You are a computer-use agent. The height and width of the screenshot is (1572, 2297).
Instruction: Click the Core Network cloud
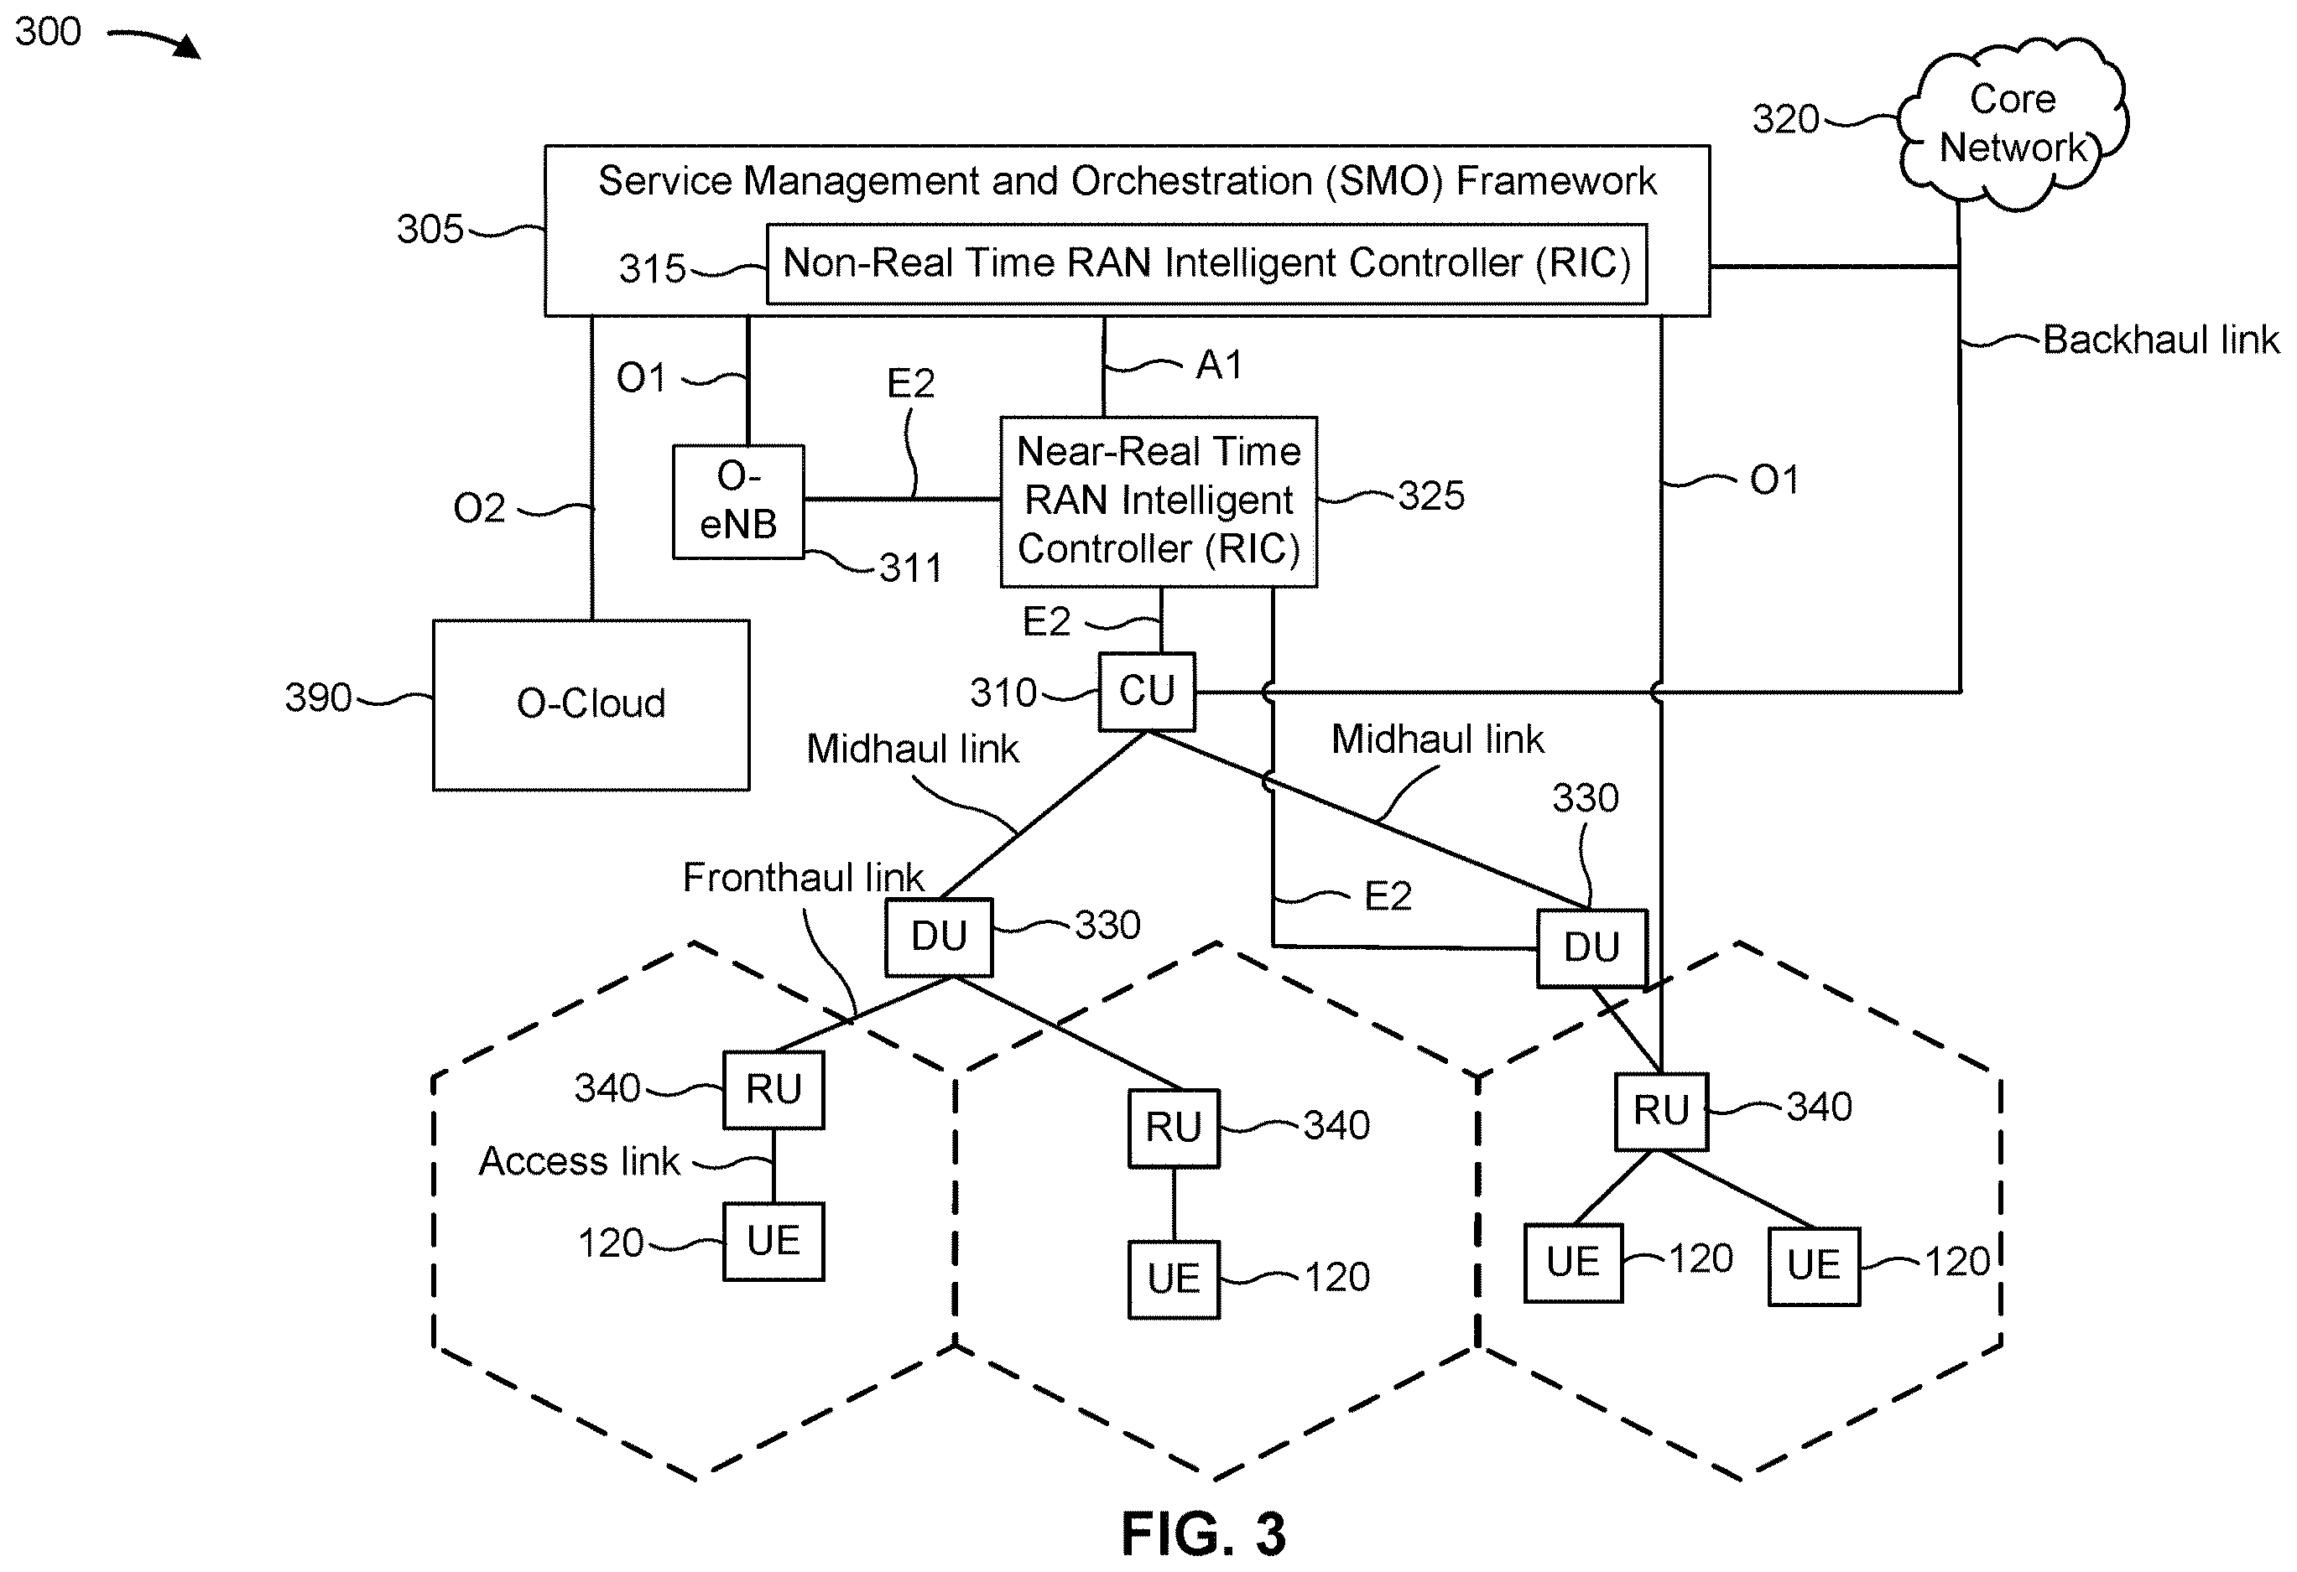tap(2013, 123)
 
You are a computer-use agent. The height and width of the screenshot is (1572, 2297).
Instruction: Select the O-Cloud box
tap(591, 704)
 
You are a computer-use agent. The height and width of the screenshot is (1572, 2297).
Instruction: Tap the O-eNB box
tap(738, 502)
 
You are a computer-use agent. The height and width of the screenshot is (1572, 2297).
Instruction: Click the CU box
tap(1147, 692)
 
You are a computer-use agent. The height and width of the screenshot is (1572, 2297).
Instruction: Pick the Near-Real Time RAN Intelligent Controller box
tap(1159, 502)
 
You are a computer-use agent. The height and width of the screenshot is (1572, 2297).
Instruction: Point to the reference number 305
tap(430, 229)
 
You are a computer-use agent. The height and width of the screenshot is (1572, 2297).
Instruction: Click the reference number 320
tap(1786, 120)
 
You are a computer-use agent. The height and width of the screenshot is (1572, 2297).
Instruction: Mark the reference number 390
tap(318, 698)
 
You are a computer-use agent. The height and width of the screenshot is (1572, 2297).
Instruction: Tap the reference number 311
tap(910, 568)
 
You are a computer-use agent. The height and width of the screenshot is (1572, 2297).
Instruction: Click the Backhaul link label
tap(2160, 340)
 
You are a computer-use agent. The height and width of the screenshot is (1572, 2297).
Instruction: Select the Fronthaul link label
tap(803, 878)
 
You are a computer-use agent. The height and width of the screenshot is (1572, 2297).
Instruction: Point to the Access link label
tap(579, 1161)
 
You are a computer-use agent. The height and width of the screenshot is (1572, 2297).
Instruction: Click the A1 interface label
tap(1219, 366)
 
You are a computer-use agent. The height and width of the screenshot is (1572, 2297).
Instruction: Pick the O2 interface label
tap(479, 509)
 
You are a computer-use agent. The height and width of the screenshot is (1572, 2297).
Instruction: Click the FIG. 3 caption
tap(1203, 1533)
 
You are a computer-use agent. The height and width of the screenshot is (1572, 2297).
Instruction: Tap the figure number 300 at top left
tap(48, 32)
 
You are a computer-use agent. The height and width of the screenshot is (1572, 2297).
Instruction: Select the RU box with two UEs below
tap(1661, 1112)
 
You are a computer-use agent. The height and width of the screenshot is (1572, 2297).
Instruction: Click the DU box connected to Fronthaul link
tap(939, 936)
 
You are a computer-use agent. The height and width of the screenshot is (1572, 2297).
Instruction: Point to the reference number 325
tap(1431, 496)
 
